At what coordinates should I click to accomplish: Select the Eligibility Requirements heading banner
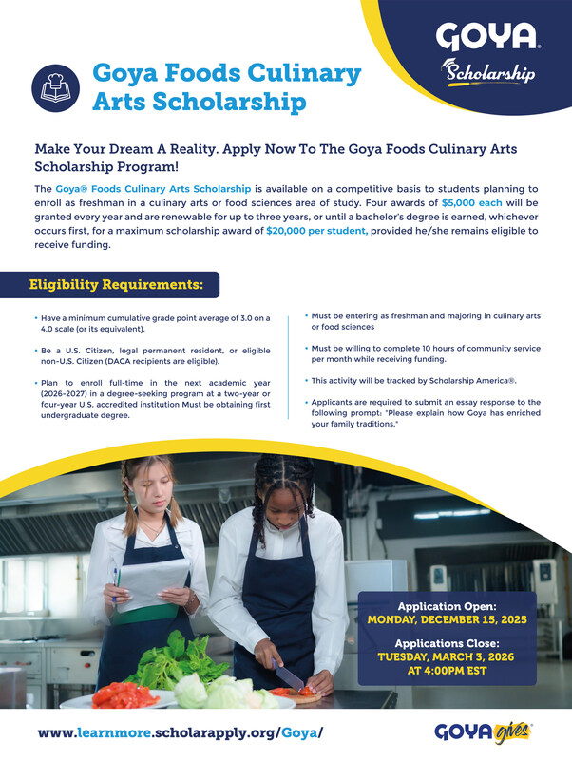[x=117, y=284]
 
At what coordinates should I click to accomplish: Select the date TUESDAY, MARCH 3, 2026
[x=446, y=656]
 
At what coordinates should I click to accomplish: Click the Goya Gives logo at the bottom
[x=484, y=731]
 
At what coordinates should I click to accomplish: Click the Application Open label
[x=446, y=605]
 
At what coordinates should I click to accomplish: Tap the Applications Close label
[x=446, y=642]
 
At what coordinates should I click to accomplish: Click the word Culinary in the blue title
[x=308, y=73]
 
